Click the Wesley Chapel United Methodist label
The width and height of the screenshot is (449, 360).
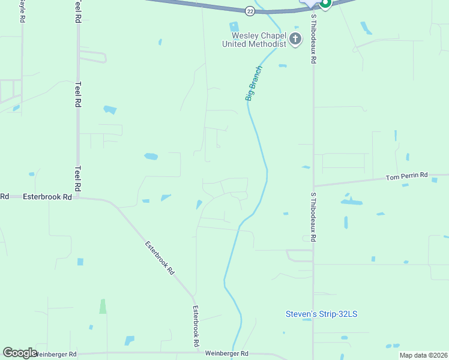coord(254,40)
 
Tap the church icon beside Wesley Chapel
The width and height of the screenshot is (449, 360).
coord(295,40)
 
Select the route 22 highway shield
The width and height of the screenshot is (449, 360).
coord(250,11)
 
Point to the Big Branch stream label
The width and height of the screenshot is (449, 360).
coord(254,83)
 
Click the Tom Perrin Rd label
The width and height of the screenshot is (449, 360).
coord(406,176)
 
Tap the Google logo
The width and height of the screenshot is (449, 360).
coord(20,352)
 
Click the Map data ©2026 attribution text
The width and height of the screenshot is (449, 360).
coord(423,355)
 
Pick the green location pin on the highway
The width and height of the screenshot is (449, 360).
coord(325,4)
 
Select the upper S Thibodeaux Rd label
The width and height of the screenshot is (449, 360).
coord(313,44)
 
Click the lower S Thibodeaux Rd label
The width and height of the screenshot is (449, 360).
coord(313,217)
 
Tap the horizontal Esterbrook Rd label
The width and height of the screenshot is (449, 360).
coord(47,197)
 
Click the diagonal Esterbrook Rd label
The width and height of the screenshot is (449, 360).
coord(160,258)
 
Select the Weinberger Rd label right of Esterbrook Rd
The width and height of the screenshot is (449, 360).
coord(226,354)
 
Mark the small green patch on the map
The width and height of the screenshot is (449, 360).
coord(103,306)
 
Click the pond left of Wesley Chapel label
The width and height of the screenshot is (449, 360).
coord(234,26)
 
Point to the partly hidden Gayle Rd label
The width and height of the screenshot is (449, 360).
coord(22,11)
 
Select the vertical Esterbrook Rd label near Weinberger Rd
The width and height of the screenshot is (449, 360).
coord(196,327)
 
